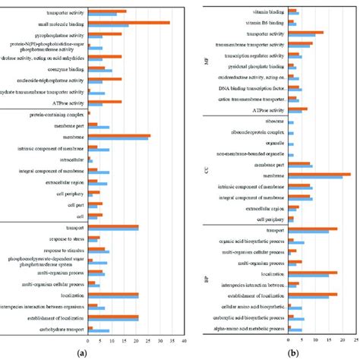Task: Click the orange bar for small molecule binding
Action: click(x=128, y=22)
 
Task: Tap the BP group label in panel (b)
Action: click(x=209, y=279)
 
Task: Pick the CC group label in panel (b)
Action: click(x=209, y=171)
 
